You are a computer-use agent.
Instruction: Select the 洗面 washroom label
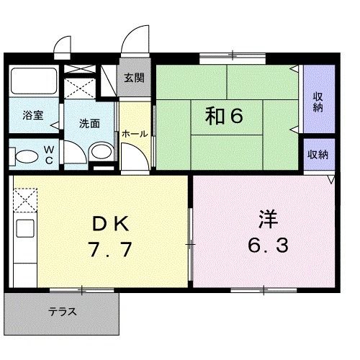coord(89,123)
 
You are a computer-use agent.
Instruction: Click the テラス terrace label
coord(63,312)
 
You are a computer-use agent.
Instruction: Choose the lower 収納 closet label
coord(318,154)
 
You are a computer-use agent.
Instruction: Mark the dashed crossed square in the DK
coord(24,199)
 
